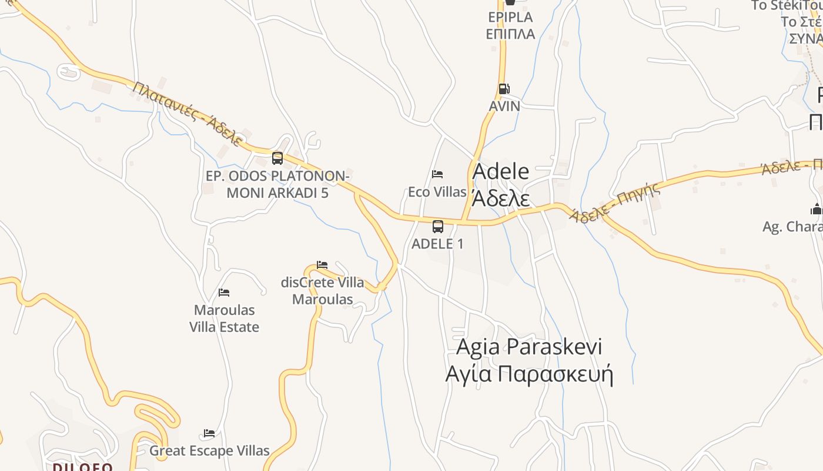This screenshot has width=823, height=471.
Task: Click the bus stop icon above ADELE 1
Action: pyautogui.click(x=438, y=227)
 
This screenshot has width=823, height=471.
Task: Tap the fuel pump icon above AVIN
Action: pyautogui.click(x=504, y=89)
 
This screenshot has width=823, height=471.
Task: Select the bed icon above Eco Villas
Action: pyautogui.click(x=437, y=174)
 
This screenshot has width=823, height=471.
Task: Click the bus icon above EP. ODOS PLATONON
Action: pyautogui.click(x=277, y=158)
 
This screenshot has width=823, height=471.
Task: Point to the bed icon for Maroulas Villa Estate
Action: pyautogui.click(x=224, y=293)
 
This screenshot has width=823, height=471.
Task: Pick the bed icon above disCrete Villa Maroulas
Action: pyautogui.click(x=322, y=265)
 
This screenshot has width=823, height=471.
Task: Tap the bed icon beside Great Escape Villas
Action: pyautogui.click(x=209, y=434)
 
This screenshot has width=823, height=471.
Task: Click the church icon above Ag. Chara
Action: pyautogui.click(x=817, y=209)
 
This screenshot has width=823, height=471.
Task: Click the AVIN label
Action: pyautogui.click(x=504, y=106)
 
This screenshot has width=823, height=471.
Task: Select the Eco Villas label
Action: pyautogui.click(x=437, y=192)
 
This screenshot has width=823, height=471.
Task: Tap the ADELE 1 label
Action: pyautogui.click(x=437, y=244)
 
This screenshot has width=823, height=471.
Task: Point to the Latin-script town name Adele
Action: pyautogui.click(x=501, y=171)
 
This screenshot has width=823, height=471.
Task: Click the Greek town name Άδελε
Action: pyautogui.click(x=501, y=198)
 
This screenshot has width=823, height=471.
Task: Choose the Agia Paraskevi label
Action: pyautogui.click(x=529, y=347)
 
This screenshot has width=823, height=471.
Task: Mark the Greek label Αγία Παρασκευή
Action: pyautogui.click(x=529, y=374)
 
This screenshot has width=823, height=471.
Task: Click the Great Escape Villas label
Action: pyautogui.click(x=209, y=451)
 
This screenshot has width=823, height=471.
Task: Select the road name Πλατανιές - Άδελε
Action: pyautogui.click(x=188, y=114)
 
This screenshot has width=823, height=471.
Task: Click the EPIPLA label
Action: pyautogui.click(x=510, y=16)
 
